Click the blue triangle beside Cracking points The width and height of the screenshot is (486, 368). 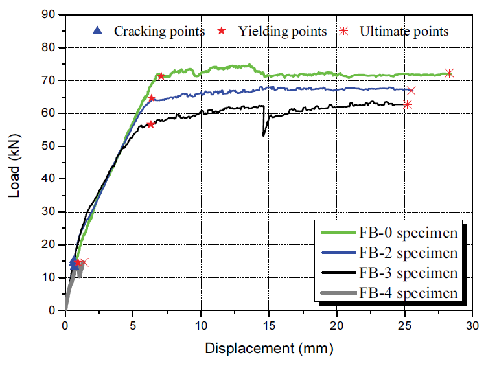tap(98, 30)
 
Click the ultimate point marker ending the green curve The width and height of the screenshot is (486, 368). tap(449, 73)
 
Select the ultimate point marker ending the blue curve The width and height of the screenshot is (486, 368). tap(411, 91)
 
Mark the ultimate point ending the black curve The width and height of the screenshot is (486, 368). tap(408, 104)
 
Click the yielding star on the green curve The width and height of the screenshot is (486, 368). tap(161, 76)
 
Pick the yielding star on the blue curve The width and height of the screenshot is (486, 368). tap(152, 98)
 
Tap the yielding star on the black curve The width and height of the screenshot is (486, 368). tap(151, 124)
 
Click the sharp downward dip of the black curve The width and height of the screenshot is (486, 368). tap(263, 135)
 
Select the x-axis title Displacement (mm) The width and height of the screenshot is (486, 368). tap(269, 349)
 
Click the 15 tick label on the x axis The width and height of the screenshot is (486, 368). tap(269, 324)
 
